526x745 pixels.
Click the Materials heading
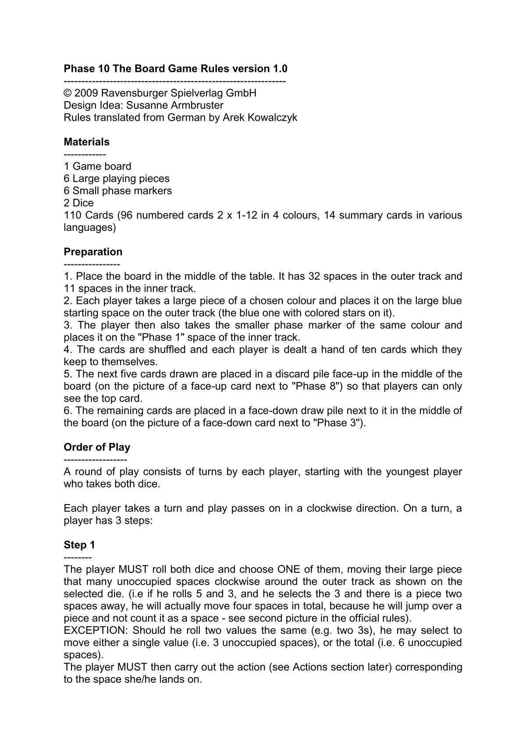pyautogui.click(x=87, y=142)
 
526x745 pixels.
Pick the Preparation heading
pyautogui.click(x=93, y=252)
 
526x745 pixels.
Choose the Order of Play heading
pyautogui.click(x=97, y=447)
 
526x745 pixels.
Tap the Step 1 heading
pyautogui.click(x=79, y=545)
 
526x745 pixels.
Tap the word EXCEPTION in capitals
pyautogui.click(x=96, y=631)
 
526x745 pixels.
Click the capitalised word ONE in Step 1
pyautogui.click(x=288, y=569)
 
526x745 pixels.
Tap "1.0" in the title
pyautogui.click(x=280, y=69)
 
